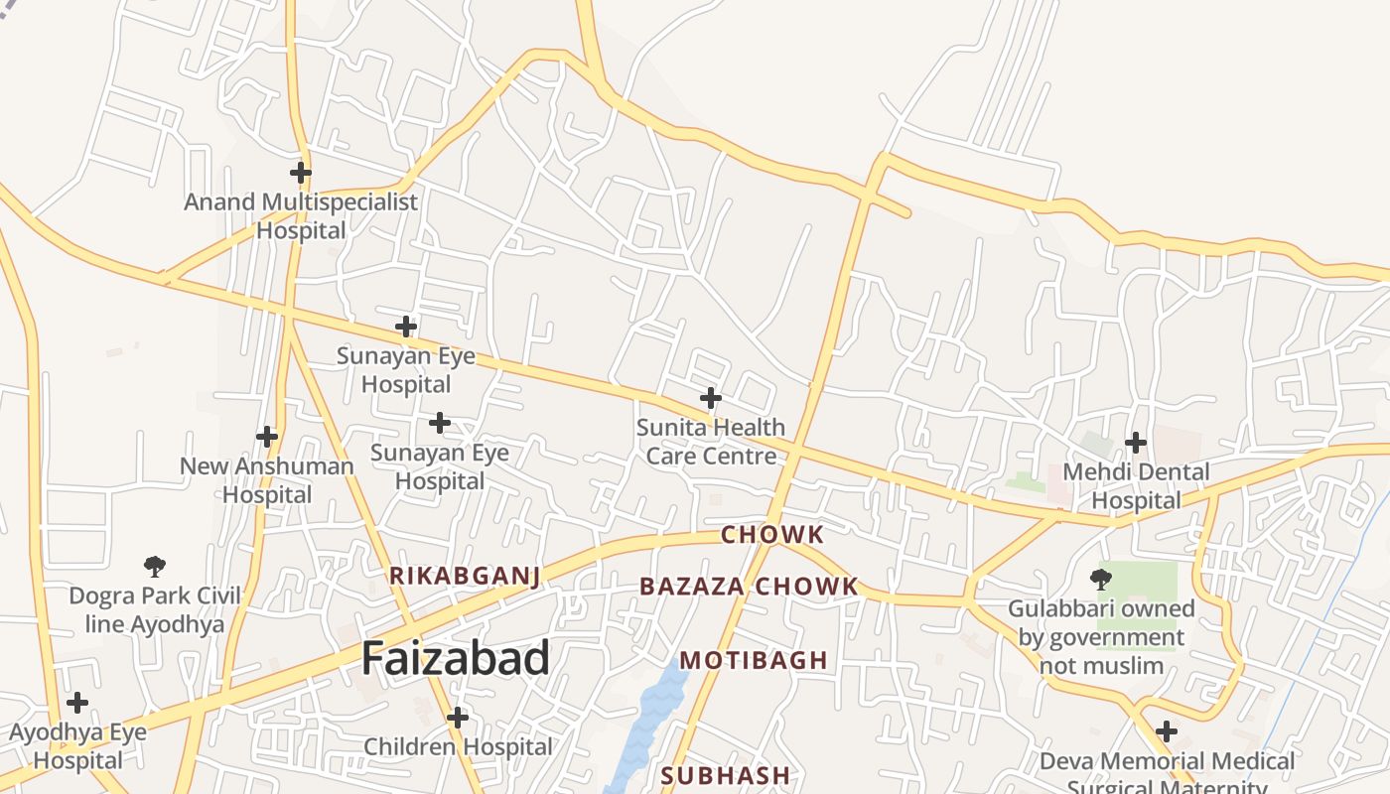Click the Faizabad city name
coord(455,659)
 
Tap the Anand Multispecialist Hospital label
coord(301,216)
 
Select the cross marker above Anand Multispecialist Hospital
coord(301,173)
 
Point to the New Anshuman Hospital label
coord(266,480)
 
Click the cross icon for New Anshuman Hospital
coord(266,436)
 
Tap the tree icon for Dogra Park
coord(154,567)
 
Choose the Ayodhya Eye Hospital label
coord(77,746)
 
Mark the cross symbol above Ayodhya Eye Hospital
coord(76,703)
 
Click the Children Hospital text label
coord(458,747)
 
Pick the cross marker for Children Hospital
coord(458,717)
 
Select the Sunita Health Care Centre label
coord(710,442)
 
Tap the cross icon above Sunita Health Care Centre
coord(710,398)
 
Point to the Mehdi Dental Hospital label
coord(1136,486)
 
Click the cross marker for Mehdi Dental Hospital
coord(1136,442)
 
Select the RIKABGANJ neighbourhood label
coord(465,577)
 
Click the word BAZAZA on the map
coord(691,587)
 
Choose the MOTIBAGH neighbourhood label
coord(754,661)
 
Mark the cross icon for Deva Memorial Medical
coord(1167,732)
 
